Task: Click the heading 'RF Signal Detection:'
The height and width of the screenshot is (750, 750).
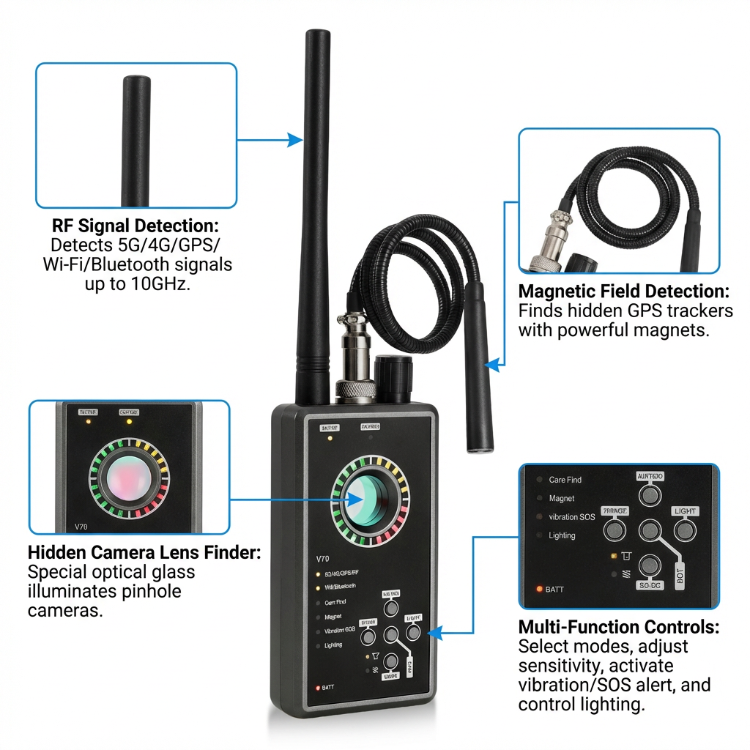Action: (135, 225)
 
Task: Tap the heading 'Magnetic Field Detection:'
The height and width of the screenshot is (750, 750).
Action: (623, 291)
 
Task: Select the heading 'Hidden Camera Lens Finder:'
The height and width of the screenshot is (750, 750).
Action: (144, 552)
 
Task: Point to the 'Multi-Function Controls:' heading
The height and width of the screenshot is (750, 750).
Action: (618, 628)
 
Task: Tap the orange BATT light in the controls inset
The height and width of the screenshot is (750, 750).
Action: (539, 589)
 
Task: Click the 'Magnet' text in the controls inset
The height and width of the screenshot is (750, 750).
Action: (562, 498)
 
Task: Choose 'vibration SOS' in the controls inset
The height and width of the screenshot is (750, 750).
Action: (572, 517)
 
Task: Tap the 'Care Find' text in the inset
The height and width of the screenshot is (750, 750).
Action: (565, 480)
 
